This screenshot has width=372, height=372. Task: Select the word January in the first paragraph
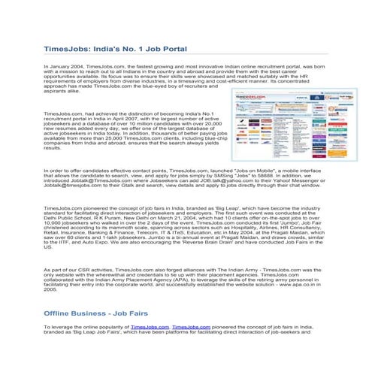coord(59,67)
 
